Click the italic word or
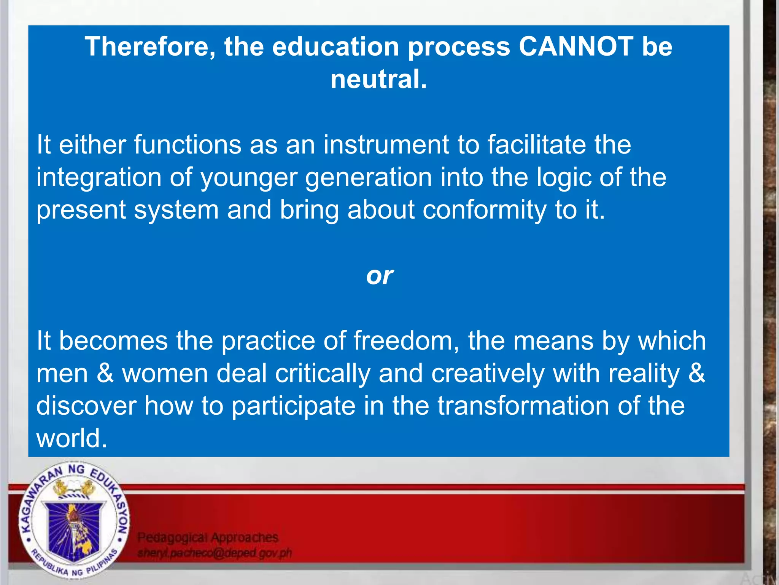click(379, 275)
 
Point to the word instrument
click(386, 145)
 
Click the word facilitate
click(537, 145)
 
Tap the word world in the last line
click(71, 438)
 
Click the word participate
click(293, 406)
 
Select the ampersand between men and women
click(105, 373)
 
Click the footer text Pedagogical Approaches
click(208, 537)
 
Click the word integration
click(99, 178)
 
